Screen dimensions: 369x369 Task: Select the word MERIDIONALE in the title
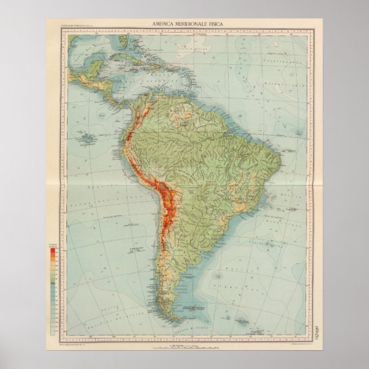tap(189, 23)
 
